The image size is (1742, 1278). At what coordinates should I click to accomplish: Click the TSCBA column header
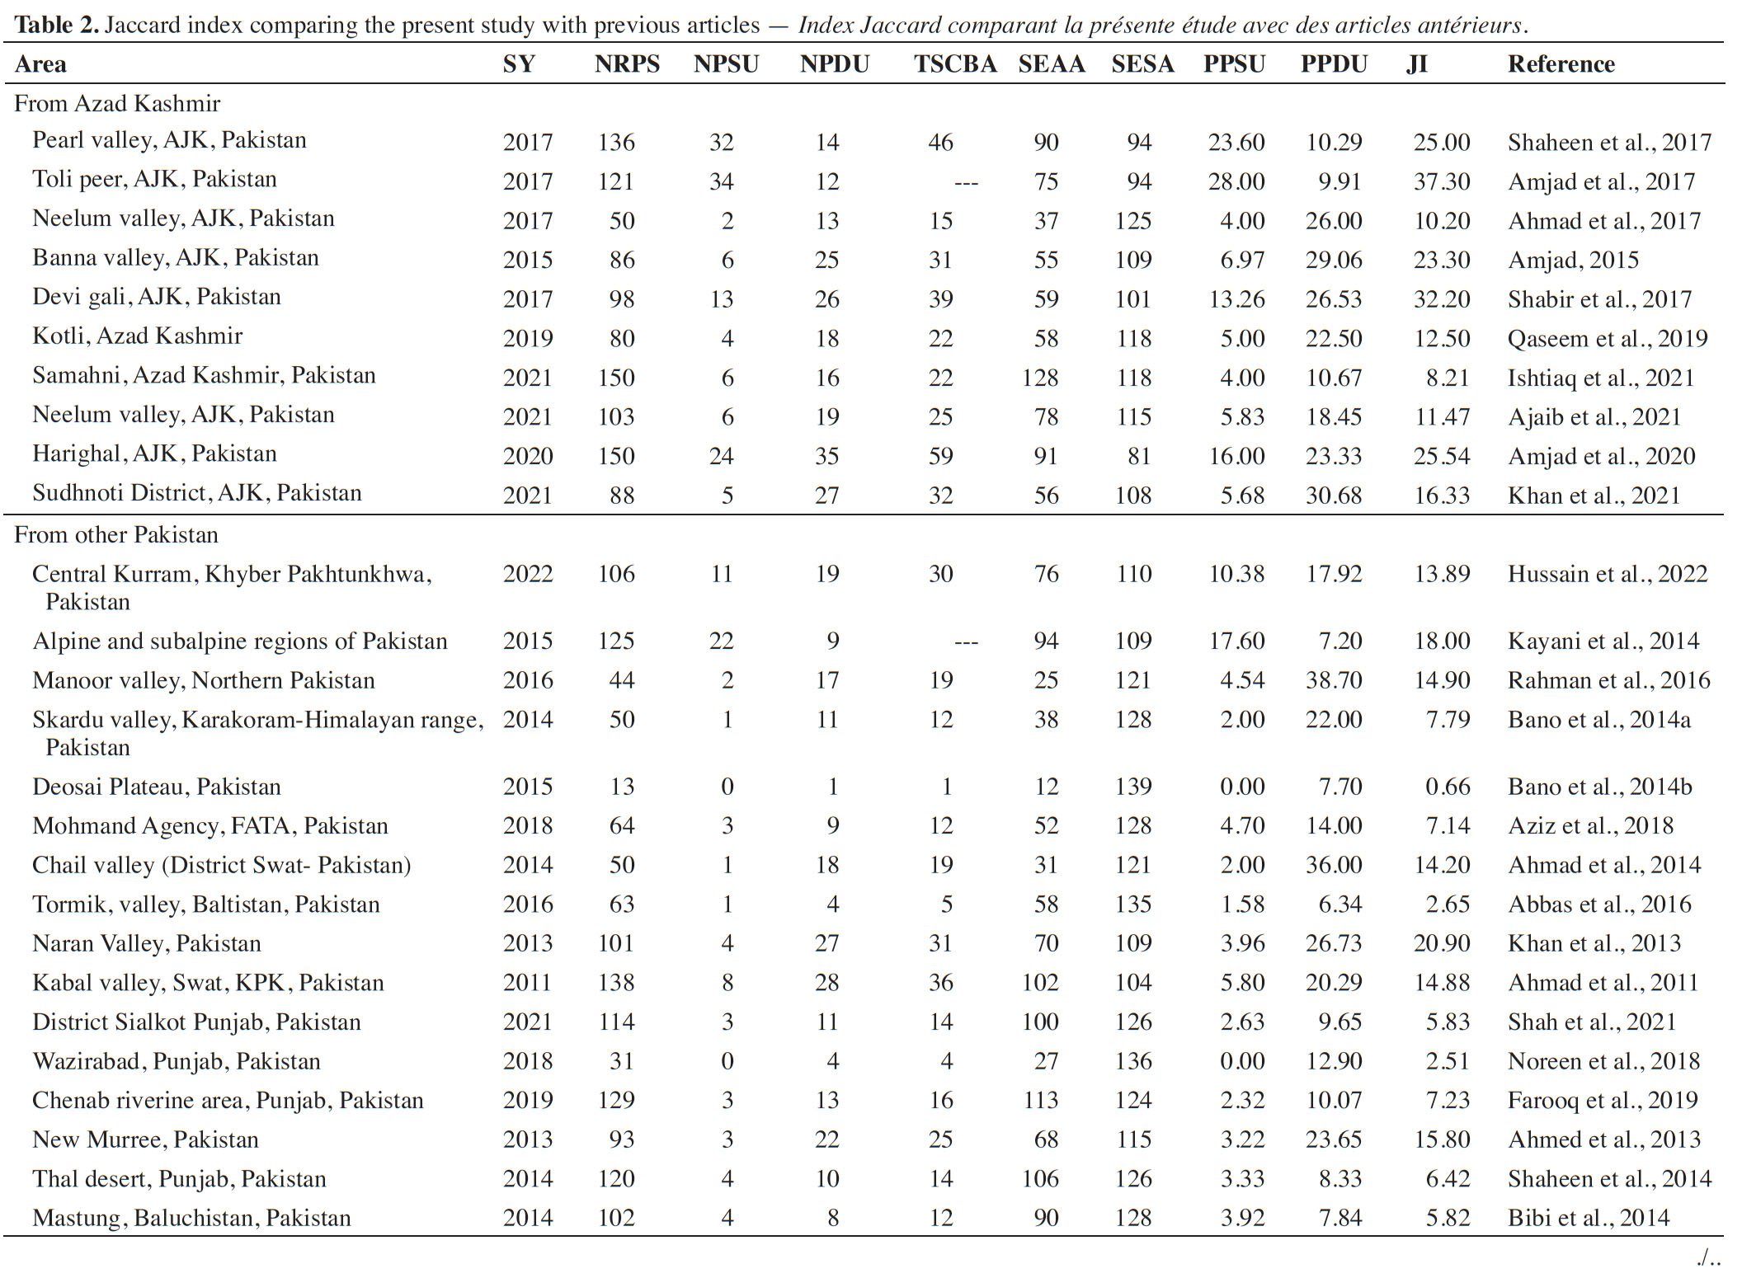point(955,64)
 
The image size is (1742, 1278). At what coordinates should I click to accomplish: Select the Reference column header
point(1561,64)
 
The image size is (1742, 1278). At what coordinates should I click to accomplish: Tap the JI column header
point(1417,64)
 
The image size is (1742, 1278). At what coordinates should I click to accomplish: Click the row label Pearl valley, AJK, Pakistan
point(169,141)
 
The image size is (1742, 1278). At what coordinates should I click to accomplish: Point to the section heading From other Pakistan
point(116,535)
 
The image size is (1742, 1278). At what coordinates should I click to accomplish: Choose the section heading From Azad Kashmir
point(117,104)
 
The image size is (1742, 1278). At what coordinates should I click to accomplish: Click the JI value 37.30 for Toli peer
point(1442,181)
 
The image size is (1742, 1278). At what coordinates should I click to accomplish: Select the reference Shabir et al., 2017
point(1599,299)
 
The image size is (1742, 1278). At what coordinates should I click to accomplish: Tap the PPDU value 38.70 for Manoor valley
point(1334,680)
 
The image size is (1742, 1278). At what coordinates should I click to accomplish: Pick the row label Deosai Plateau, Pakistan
point(157,787)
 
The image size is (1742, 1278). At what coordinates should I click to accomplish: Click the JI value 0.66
point(1448,787)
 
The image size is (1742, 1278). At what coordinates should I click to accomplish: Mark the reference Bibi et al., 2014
point(1589,1218)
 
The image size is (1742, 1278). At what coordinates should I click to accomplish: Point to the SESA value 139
point(1133,787)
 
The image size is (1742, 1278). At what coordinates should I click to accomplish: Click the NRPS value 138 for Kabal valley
point(616,983)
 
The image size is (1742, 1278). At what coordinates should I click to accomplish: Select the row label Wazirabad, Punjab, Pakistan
point(177,1061)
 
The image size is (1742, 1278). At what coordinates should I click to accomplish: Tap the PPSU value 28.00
point(1236,181)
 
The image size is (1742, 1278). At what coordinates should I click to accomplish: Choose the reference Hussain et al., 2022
point(1608,575)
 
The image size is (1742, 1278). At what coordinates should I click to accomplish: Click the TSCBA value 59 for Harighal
point(940,456)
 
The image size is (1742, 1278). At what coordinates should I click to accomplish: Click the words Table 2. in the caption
point(57,25)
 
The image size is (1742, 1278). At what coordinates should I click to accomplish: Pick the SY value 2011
point(528,983)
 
